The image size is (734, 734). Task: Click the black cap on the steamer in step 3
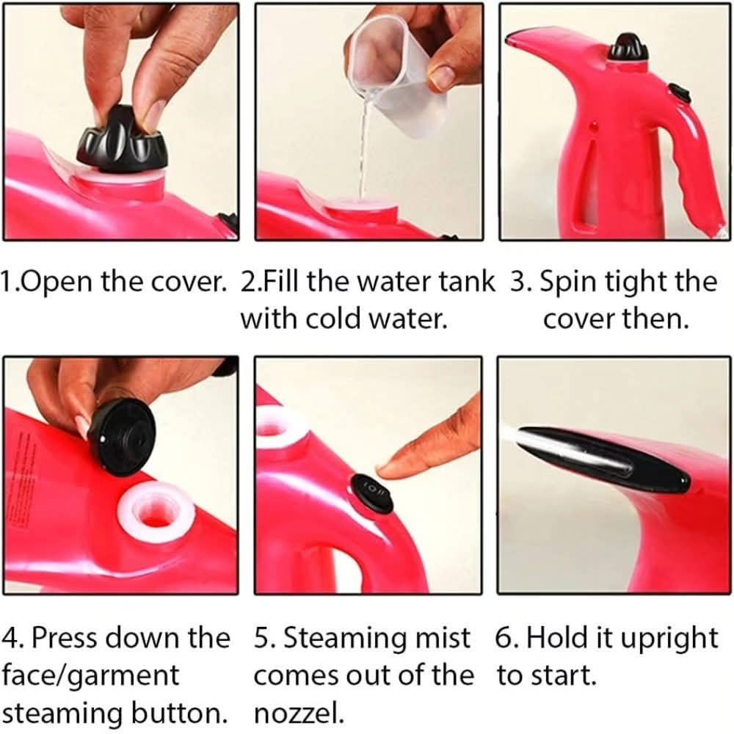point(628,47)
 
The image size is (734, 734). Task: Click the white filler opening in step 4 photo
point(156,512)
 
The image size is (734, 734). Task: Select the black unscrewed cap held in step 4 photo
point(121,437)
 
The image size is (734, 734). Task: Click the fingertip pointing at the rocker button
point(388,466)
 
